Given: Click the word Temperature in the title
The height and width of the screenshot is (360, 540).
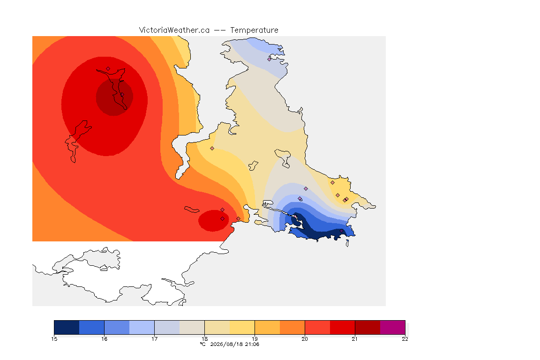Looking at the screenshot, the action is [254, 30].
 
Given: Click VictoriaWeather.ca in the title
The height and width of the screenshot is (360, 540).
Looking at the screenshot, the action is [174, 30].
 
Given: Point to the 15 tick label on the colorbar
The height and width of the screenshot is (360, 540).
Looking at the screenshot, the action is [54, 339].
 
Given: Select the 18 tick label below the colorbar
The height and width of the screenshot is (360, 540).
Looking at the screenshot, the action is [204, 339].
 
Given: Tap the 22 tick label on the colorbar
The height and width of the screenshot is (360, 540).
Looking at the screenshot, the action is [405, 339].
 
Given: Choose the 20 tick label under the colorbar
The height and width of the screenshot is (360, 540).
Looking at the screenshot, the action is [305, 339].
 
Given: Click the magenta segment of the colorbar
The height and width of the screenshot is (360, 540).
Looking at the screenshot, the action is [393, 327].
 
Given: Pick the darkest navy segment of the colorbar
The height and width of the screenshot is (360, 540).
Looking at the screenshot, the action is [67, 327].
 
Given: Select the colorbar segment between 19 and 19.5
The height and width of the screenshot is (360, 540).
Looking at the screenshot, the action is [267, 327].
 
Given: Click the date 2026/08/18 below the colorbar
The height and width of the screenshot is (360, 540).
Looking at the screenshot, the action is [226, 344].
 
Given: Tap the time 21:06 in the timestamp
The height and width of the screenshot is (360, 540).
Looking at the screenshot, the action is [252, 344].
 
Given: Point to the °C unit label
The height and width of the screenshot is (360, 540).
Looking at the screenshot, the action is [203, 344].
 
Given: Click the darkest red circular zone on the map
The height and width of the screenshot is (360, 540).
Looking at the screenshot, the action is [114, 97].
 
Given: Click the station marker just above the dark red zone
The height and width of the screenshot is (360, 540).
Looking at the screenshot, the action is [108, 69].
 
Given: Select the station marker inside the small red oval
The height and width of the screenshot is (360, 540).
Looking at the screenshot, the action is [223, 219].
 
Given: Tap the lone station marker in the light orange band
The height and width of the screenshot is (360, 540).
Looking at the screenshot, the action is [212, 149].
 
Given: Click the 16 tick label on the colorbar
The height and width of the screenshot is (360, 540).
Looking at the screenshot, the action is [105, 339].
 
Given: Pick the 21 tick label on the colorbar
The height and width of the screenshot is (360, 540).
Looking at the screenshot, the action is [355, 339].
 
